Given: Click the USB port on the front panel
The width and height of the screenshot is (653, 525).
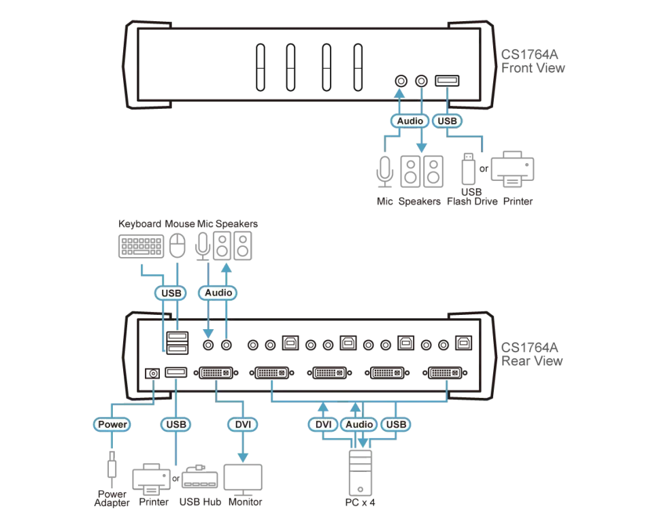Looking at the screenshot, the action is [447, 80].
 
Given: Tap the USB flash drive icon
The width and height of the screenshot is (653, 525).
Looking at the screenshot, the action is [468, 169].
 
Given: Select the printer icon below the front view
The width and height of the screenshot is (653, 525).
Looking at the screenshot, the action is [512, 169].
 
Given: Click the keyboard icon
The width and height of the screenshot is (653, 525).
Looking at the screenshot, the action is [141, 246].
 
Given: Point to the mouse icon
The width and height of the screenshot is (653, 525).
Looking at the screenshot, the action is [178, 245].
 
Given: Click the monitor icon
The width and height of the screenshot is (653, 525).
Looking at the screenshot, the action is [243, 479].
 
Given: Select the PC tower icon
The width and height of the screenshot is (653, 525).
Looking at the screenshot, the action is [361, 473].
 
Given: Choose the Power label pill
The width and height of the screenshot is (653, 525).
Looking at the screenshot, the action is [112, 424].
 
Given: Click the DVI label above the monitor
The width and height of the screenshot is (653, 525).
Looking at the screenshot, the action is [243, 424].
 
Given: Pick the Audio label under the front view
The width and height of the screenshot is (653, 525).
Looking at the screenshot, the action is [409, 121].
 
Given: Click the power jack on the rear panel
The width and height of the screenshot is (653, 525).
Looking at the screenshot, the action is [152, 373].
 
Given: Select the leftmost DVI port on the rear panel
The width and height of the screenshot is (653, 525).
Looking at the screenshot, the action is [216, 373].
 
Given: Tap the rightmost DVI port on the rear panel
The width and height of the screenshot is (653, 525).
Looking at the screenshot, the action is [445, 373].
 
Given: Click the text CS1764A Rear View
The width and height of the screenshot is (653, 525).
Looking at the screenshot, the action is [532, 354].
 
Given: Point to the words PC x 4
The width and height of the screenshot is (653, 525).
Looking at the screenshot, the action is [361, 503].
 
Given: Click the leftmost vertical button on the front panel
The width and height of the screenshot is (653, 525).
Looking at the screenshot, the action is [261, 67].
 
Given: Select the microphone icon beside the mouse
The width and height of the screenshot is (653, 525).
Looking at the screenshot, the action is [203, 246].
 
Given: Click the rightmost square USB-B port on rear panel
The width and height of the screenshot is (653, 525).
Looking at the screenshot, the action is [463, 343].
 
